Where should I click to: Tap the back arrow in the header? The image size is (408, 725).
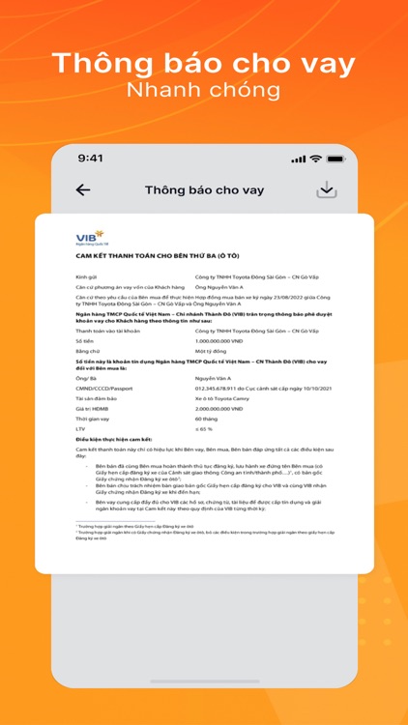coord(83,190)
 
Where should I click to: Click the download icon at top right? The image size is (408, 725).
coord(327,189)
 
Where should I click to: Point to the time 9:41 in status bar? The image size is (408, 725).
coord(91,158)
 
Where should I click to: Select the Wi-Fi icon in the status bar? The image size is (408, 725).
coord(315,158)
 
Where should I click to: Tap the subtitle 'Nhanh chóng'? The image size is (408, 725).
coord(203,91)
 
